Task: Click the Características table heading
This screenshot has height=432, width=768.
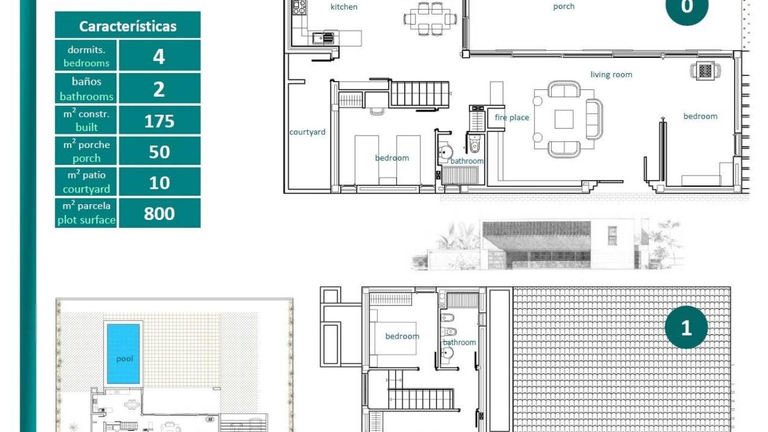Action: coord(128,26)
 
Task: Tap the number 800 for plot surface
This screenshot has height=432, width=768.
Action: coord(159,214)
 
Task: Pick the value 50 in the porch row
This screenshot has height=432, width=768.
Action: coord(159,152)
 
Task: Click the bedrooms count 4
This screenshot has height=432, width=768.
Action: coord(159,57)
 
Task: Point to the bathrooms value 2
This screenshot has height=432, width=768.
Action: coord(159,89)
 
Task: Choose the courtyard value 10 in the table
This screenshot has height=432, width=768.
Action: coord(159,183)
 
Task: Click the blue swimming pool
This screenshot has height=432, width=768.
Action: coord(123,353)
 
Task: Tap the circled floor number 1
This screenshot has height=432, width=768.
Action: coord(686,328)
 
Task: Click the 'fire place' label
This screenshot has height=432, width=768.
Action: coord(512,118)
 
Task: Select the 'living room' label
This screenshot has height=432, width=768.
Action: coord(611,74)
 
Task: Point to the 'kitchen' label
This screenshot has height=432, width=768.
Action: coord(344,7)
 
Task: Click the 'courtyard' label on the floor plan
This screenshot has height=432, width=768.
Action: coord(307,132)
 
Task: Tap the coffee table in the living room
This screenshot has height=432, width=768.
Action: coord(564,119)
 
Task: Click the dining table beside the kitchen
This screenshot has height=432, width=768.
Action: coord(430,18)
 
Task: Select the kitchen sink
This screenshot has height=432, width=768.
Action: coord(323,38)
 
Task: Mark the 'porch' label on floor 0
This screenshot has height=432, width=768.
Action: coord(563,7)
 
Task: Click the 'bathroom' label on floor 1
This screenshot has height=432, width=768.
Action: coord(459,342)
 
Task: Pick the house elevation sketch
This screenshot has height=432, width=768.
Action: coord(545,245)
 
